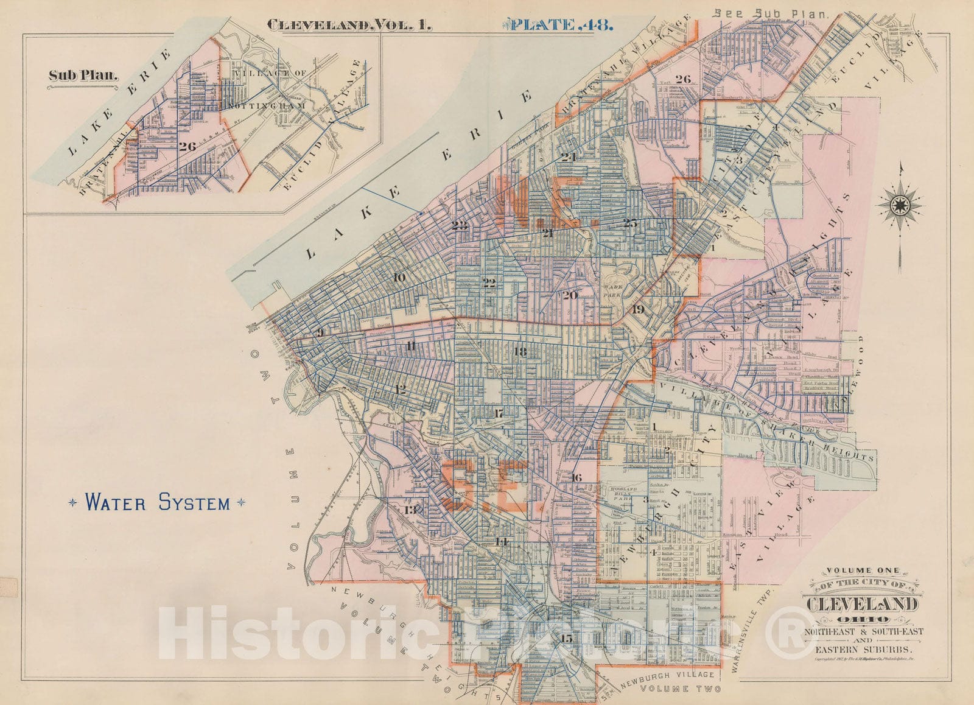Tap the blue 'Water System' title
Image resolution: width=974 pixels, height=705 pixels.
click(x=158, y=503)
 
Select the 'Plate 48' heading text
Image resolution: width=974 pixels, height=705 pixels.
click(x=556, y=25)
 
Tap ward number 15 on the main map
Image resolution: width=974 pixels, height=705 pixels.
click(x=567, y=638)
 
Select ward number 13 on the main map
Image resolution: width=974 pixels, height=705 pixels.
click(x=410, y=510)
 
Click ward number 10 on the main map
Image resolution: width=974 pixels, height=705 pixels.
click(x=399, y=278)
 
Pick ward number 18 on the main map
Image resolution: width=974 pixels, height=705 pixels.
click(x=520, y=351)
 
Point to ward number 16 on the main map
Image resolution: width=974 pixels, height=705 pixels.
click(x=576, y=477)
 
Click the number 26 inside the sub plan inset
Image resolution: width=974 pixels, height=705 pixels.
click(x=187, y=146)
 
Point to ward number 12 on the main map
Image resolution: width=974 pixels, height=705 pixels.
click(x=401, y=390)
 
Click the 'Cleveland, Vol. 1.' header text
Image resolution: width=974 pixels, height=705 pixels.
click(x=349, y=26)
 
